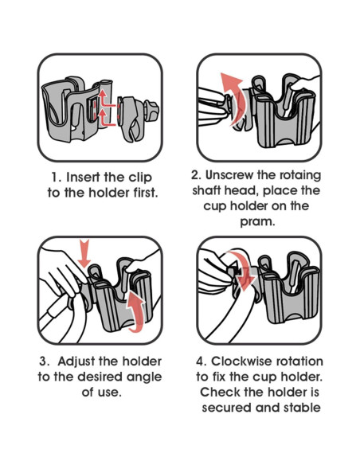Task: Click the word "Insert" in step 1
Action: click(x=84, y=178)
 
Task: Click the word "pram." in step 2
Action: click(x=258, y=222)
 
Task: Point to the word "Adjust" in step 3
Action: click(x=76, y=362)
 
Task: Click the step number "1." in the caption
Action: click(x=56, y=178)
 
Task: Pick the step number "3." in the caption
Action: click(x=45, y=361)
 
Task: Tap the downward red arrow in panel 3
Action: click(x=84, y=255)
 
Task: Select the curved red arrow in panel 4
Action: click(x=243, y=270)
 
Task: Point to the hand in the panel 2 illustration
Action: click(x=304, y=84)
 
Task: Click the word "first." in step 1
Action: click(x=144, y=193)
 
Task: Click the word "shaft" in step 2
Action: click(x=206, y=190)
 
